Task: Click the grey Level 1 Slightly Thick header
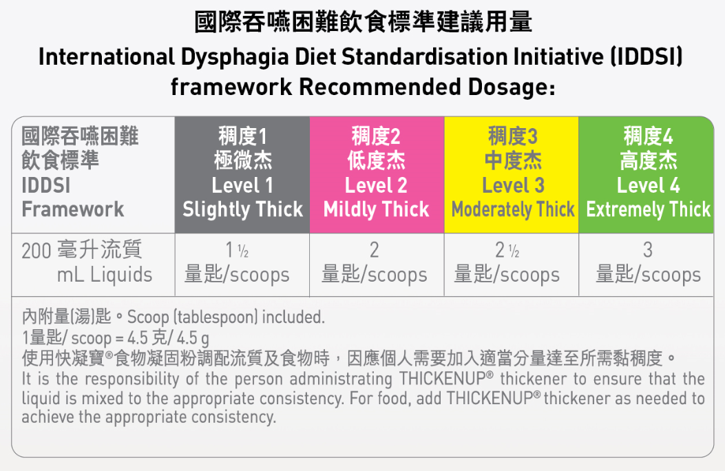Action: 242,175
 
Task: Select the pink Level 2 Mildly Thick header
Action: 377,175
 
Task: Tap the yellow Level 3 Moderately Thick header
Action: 512,175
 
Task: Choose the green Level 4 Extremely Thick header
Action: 647,175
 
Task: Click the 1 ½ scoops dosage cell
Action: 242,265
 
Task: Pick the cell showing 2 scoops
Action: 377,265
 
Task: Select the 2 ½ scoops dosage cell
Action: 512,265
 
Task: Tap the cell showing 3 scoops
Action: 647,265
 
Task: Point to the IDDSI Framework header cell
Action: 93,175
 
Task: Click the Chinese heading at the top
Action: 363,22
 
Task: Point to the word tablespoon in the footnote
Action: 216,317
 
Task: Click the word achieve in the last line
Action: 48,417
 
